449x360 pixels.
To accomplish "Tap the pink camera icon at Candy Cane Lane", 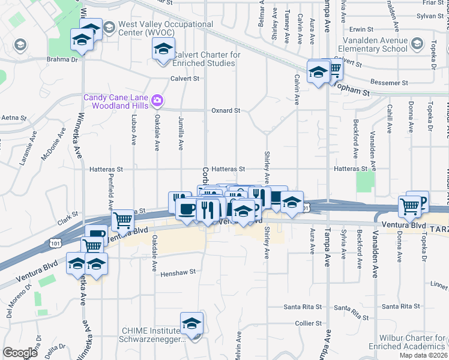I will pos(157,100).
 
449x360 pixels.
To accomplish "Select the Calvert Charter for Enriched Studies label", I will pos(206,59).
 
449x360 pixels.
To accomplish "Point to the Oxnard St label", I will pos(226,111).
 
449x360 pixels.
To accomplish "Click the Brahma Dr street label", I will pos(63,60).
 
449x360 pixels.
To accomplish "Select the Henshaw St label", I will pos(178,272).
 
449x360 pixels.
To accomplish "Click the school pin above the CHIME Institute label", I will pos(191,324).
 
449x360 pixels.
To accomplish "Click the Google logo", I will pos(20,353).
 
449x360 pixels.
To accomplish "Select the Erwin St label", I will pos(361,29).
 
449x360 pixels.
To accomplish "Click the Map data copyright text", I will pos(423,355).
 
